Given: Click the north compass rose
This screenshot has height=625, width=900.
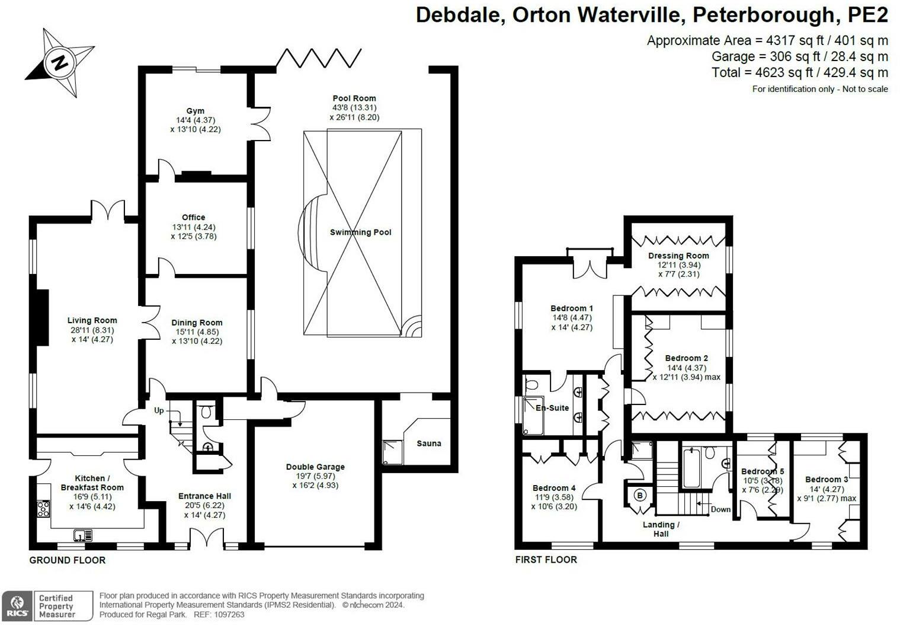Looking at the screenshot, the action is tap(60, 63).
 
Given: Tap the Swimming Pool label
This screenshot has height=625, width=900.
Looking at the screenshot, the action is tap(360, 232).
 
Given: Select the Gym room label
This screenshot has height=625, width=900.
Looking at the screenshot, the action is tap(196, 111).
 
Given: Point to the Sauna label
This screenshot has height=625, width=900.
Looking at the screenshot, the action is tap(429, 443).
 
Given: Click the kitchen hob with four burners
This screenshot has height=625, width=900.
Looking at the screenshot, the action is tap(43, 508).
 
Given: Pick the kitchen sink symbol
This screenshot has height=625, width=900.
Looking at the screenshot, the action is tap(83, 535).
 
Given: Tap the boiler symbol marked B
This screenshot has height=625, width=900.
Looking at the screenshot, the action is tap(640, 495).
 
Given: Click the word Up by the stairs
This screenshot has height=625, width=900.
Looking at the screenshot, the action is tap(159, 410).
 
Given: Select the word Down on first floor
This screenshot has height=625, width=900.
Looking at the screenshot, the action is tap(720, 509).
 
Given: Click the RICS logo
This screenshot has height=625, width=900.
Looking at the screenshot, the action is tap(17, 606).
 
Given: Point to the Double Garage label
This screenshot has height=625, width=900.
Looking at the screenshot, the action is tap(315, 467).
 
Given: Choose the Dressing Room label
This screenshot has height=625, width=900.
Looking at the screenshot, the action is tap(678, 256).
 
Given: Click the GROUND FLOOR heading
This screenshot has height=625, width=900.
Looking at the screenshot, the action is tap(68, 560).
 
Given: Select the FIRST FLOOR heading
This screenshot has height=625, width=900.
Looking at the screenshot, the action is tap(546, 560).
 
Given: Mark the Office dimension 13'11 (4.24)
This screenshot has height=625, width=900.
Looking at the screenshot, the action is tap(194, 227).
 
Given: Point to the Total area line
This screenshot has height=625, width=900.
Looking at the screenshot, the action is tap(799, 72).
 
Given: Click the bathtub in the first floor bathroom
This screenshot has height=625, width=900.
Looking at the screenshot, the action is tap(691, 468).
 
